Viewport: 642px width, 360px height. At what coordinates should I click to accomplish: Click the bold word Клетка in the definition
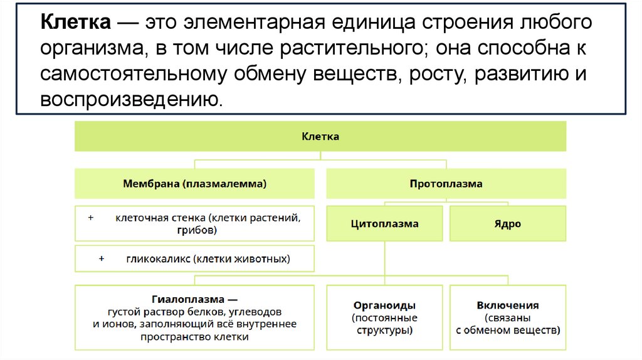[x=76, y=23]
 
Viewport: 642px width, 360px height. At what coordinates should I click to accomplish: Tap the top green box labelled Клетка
[x=320, y=136]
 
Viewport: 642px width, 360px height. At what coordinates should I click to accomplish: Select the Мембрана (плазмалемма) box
[x=194, y=184]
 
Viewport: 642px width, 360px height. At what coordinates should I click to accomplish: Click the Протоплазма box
[x=446, y=184]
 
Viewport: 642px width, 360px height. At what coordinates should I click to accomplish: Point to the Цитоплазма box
[x=384, y=223]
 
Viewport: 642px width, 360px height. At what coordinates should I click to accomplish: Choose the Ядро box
[x=507, y=223]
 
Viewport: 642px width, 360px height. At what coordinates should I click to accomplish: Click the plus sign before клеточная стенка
[x=91, y=218]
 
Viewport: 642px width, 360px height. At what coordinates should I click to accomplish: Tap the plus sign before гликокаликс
[x=102, y=258]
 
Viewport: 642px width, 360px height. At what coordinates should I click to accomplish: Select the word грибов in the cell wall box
[x=197, y=230]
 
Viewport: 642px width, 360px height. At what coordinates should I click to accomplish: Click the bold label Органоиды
[x=384, y=305]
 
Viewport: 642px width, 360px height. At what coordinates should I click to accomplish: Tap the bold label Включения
[x=507, y=305]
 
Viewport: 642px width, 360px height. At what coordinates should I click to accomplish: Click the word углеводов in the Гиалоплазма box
[x=255, y=311]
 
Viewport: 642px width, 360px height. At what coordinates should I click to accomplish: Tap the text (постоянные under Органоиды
[x=384, y=317]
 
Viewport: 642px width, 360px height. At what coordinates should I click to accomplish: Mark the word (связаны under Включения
[x=507, y=317]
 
